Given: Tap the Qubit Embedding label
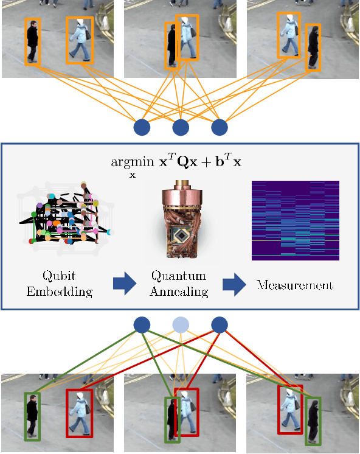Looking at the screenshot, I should click(x=59, y=284).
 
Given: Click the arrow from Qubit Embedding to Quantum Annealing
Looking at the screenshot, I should click(x=125, y=284).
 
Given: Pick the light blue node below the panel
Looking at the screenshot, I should click(x=180, y=324).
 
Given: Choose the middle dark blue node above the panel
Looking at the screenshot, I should click(x=180, y=128).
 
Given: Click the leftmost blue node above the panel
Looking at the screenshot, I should click(x=142, y=128).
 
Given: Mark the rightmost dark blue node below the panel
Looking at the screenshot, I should click(x=219, y=324).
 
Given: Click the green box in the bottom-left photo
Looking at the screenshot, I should click(x=32, y=416).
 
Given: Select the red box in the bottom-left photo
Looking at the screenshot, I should click(x=79, y=413).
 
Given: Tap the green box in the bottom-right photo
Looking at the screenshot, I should click(x=313, y=421).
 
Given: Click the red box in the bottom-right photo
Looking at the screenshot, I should click(x=290, y=410).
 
